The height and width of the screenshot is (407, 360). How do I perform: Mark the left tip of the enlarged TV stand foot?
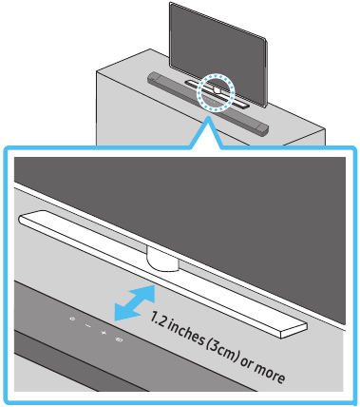[x=21, y=214]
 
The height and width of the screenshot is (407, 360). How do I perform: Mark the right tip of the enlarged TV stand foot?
[x=305, y=329]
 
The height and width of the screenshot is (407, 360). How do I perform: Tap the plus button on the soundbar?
[x=102, y=332]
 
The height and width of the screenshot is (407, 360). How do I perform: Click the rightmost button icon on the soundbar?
[x=119, y=339]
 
